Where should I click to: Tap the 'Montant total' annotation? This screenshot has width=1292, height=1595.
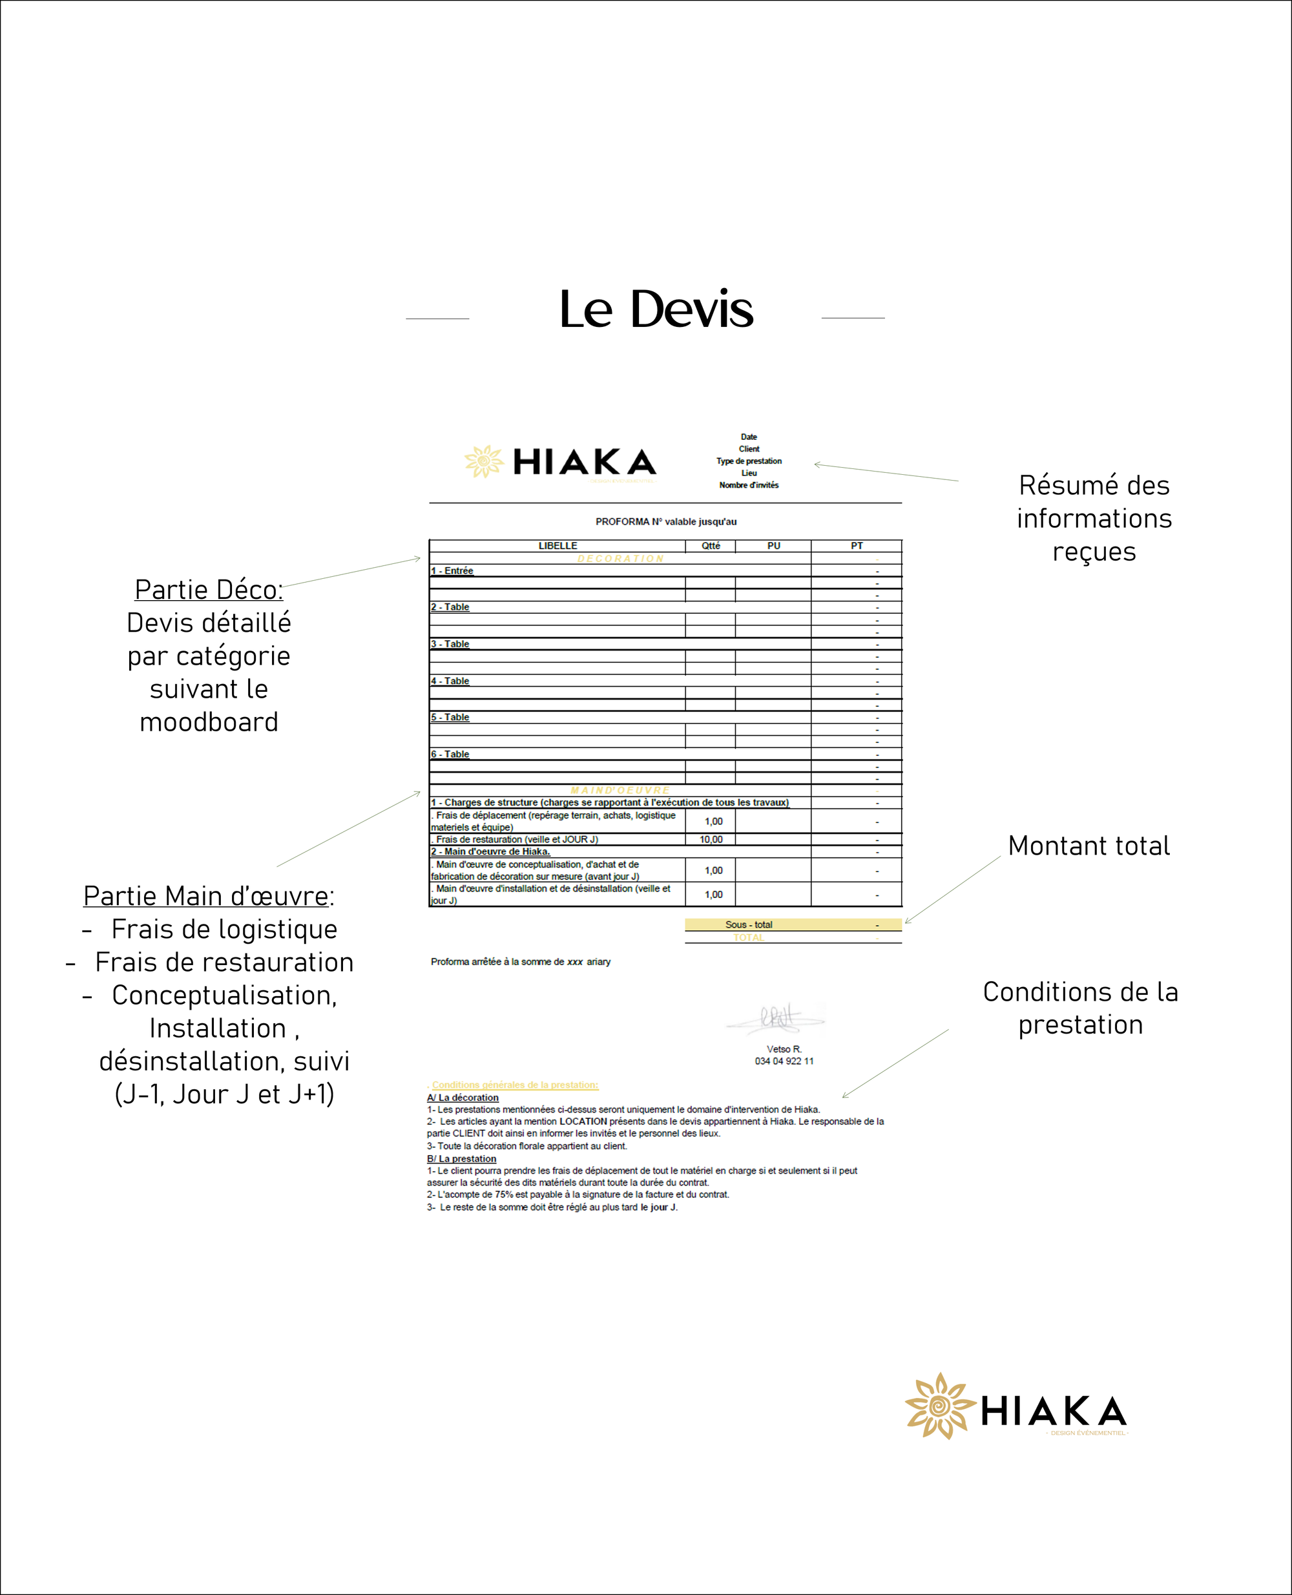point(1088,846)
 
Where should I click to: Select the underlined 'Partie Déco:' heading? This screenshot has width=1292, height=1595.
point(209,589)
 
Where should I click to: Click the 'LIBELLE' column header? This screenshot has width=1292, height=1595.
point(557,546)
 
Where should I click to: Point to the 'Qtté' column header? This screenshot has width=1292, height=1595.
point(711,546)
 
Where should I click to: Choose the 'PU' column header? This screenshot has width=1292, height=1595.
point(773,546)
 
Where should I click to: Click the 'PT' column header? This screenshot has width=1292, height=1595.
point(857,546)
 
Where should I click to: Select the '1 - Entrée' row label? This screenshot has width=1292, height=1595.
point(452,571)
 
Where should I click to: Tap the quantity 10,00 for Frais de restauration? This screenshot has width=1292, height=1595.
point(711,840)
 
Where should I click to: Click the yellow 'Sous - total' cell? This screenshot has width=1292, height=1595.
point(749,924)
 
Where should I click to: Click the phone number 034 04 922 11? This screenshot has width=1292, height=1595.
point(784,1061)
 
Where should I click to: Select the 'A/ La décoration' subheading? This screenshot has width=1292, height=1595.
point(463,1097)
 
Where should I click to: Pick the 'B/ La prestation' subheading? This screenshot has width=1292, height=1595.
point(461,1158)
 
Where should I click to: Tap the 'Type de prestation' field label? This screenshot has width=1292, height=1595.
point(749,461)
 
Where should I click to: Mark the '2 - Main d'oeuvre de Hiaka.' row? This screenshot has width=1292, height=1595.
point(490,851)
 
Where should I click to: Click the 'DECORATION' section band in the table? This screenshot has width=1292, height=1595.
point(620,558)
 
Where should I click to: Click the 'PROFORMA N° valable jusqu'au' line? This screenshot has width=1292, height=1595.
point(665,522)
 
